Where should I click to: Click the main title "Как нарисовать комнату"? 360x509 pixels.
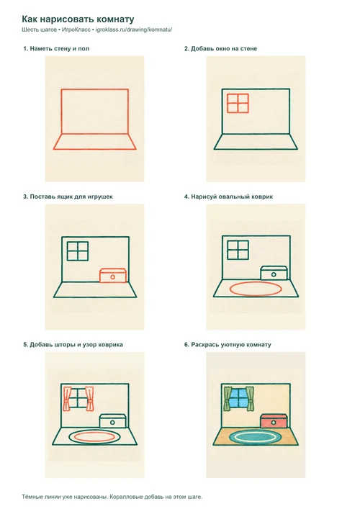click(78, 19)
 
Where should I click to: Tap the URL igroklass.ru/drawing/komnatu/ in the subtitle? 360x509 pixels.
click(134, 30)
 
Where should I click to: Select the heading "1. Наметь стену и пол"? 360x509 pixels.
click(56, 49)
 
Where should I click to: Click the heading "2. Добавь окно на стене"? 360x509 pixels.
click(220, 49)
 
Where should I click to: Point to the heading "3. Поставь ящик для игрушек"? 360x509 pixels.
click(68, 197)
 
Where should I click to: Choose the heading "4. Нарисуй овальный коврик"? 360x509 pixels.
click(228, 197)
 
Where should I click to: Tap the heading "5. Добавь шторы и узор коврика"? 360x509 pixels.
click(73, 345)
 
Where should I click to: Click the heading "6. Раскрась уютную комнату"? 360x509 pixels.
click(228, 345)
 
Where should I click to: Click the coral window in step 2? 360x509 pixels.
click(238, 103)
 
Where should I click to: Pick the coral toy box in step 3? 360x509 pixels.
click(112, 276)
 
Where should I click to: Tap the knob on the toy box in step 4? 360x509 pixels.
click(274, 274)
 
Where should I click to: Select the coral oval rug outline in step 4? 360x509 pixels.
click(255, 289)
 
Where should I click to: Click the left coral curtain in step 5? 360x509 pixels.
click(68, 398)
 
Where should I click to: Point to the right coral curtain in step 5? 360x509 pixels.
click(89, 398)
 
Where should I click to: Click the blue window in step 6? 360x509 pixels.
click(238, 398)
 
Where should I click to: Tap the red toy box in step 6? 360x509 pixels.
click(274, 421)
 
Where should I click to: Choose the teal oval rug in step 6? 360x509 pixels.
click(255, 437)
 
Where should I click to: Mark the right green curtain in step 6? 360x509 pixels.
click(250, 399)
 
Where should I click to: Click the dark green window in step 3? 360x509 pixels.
click(78, 251)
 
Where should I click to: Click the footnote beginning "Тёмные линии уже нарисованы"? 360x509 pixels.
click(112, 497)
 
